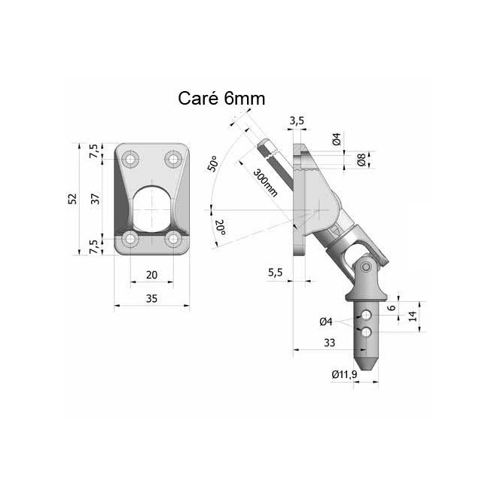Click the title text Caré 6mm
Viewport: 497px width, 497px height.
tap(221, 98)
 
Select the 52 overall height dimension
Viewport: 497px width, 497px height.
tap(73, 199)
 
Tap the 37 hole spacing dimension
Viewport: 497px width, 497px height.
tap(96, 199)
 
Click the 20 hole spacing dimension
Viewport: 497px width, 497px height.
tap(151, 275)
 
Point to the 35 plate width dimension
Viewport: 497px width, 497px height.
tap(151, 299)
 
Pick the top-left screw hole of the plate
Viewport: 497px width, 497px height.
tap(130, 159)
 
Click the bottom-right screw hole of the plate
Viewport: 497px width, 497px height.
tap(173, 239)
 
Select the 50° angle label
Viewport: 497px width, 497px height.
tap(212, 163)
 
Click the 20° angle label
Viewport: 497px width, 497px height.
tap(221, 227)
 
